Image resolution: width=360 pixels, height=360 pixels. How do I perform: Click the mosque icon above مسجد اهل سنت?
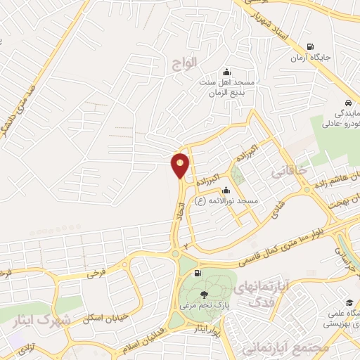click(x=226, y=72)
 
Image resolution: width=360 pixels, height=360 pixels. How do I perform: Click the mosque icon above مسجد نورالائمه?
click(x=225, y=190)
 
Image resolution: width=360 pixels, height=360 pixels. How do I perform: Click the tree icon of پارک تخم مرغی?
click(x=204, y=295)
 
